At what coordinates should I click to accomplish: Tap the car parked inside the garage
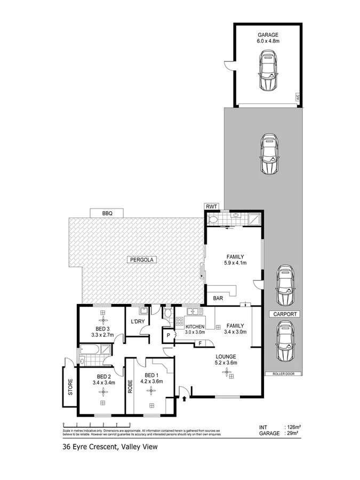tap(268, 70)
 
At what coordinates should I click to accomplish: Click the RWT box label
tap(212, 206)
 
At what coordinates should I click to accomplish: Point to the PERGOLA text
tap(138, 260)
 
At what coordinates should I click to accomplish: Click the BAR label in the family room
tap(218, 299)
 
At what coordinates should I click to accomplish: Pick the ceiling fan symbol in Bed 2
tap(102, 392)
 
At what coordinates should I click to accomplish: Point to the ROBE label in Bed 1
tap(130, 385)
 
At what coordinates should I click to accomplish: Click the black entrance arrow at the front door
tap(185, 397)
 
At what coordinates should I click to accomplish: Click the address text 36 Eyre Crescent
tap(89, 448)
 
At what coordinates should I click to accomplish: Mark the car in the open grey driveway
tap(268, 154)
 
